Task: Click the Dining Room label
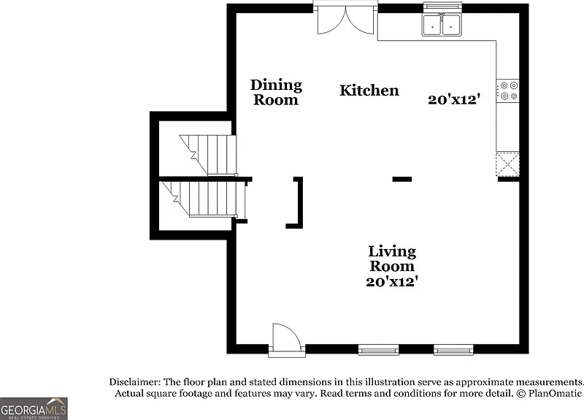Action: [x=276, y=93]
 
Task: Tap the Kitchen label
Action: [x=369, y=91]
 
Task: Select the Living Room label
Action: [x=392, y=259]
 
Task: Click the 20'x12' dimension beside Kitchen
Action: [x=454, y=99]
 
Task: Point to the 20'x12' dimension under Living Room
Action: [x=391, y=281]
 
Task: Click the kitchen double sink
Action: [x=442, y=25]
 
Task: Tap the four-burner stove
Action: [x=507, y=91]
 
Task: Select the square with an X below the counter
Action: [x=507, y=164]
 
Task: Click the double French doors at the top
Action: [x=345, y=19]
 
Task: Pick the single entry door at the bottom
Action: [x=286, y=340]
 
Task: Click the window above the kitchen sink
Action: [x=443, y=7]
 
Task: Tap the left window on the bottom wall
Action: [x=378, y=350]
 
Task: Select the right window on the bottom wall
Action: [x=453, y=350]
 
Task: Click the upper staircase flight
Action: [x=208, y=155]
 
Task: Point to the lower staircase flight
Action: [x=205, y=199]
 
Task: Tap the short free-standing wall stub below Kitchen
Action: [x=402, y=179]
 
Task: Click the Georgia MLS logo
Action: [x=34, y=408]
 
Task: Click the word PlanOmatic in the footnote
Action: [x=555, y=393]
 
